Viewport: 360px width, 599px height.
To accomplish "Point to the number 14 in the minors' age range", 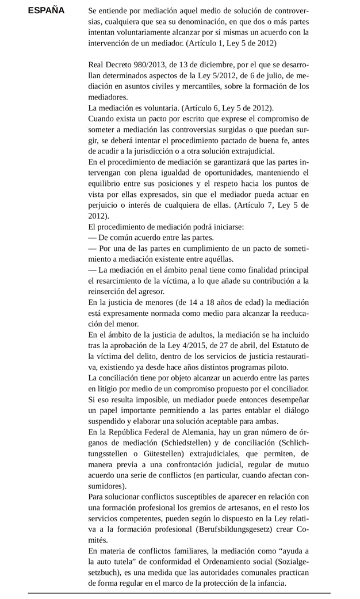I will coord(190,302).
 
